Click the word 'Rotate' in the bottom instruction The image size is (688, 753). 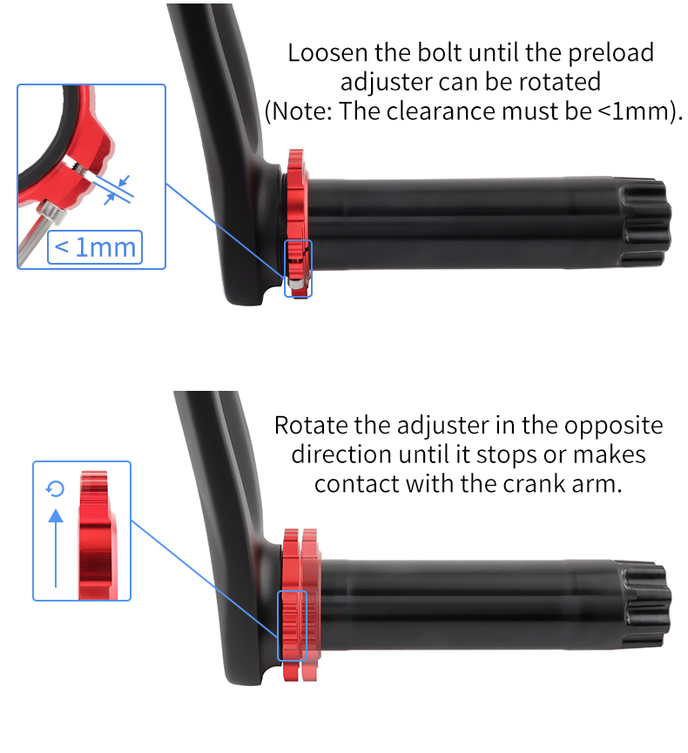(x=314, y=427)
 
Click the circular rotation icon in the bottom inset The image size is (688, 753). (x=56, y=490)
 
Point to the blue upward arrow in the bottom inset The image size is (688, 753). (x=56, y=548)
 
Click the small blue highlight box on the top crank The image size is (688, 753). (x=298, y=267)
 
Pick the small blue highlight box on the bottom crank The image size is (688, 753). (x=292, y=625)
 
